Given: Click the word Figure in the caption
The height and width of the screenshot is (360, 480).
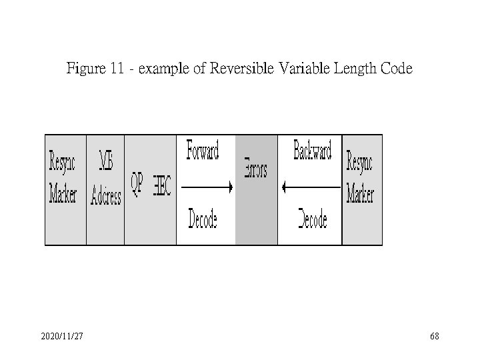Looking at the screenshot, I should [x=84, y=69].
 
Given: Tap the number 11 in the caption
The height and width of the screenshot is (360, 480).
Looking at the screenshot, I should [x=118, y=69].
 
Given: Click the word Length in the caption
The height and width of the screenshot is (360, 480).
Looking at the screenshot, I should [x=353, y=69].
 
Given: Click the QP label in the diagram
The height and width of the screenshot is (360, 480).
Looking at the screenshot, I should [x=136, y=185].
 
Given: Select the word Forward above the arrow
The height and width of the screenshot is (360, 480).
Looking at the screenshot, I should [x=202, y=150].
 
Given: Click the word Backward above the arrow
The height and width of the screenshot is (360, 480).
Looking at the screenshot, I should [x=312, y=150].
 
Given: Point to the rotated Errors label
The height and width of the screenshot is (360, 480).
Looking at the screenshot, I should [x=255, y=169].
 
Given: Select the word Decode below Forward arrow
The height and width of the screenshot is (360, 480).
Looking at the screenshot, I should [x=203, y=218].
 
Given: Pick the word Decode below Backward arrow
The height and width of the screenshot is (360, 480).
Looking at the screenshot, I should [x=312, y=218].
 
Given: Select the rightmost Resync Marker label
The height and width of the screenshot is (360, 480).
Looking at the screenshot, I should [x=360, y=178].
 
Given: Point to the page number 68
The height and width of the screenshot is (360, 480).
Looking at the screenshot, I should [x=435, y=338].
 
